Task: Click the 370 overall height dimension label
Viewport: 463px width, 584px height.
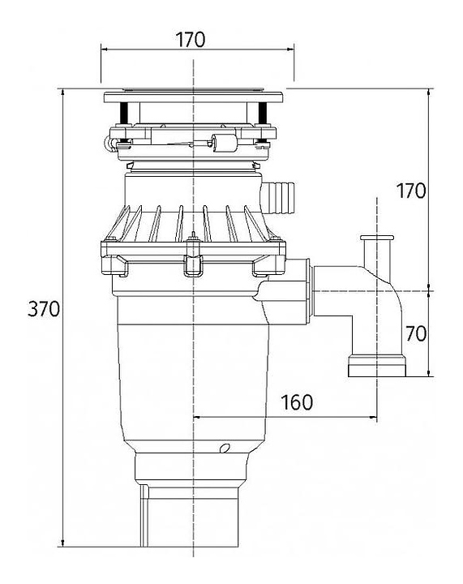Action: coord(44,309)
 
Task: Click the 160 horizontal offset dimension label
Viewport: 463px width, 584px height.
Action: coord(297,402)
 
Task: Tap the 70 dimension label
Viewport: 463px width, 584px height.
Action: coord(416,333)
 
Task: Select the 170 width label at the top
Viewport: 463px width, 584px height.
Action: coord(191,40)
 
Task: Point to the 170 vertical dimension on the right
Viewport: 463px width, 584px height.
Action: coord(410,191)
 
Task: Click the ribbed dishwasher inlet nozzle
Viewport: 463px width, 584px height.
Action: coord(279,197)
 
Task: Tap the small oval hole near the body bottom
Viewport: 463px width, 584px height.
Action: coord(225,448)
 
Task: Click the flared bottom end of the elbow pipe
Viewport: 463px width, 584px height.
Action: coord(377,367)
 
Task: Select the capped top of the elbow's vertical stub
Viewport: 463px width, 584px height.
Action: coord(377,238)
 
